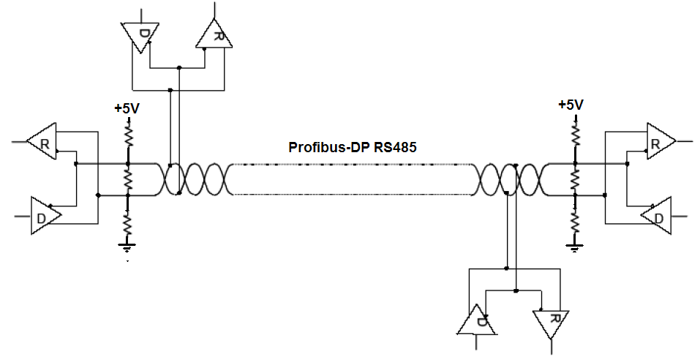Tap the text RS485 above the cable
coord(395,147)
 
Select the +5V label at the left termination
coord(127,108)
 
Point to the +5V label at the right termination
coord(571,105)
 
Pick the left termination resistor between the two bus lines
coord(127,179)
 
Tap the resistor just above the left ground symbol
coord(127,222)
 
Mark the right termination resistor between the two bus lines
coord(575,179)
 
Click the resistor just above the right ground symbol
coord(575,220)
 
